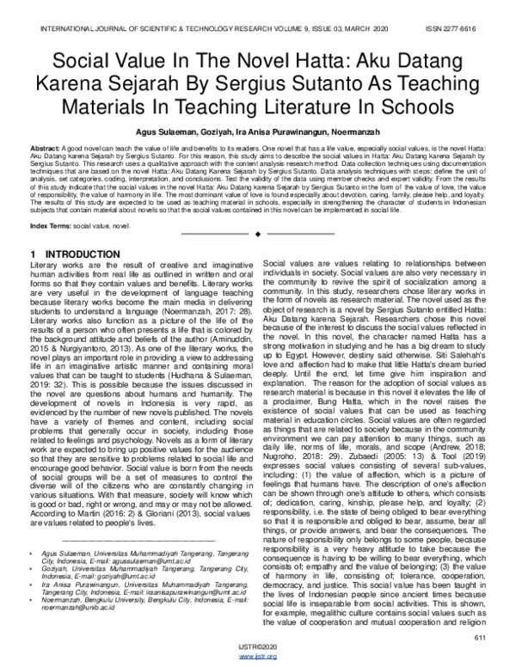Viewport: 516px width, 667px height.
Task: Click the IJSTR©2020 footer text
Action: click(x=258, y=648)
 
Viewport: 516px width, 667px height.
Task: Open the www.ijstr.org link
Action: click(x=258, y=657)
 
